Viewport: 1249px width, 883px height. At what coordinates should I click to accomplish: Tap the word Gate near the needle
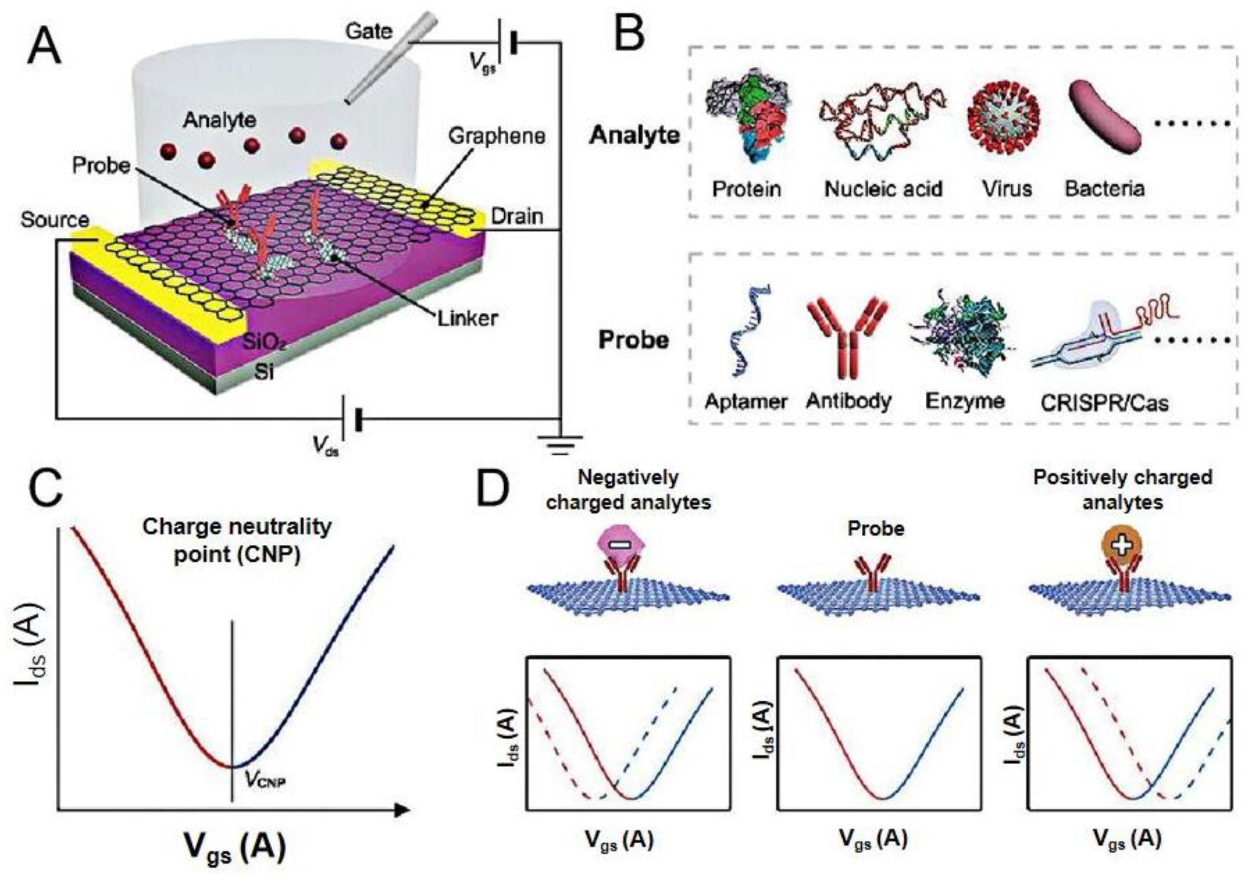point(369,31)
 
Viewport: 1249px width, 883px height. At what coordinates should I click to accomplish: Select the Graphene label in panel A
point(496,136)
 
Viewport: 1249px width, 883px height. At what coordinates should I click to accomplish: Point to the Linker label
point(468,317)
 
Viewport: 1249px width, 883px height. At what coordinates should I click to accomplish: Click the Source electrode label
point(54,220)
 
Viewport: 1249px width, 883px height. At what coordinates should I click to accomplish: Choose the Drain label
point(517,216)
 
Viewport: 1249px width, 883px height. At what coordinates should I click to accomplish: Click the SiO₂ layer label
point(265,343)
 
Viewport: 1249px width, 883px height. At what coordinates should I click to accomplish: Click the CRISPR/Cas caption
point(1104,403)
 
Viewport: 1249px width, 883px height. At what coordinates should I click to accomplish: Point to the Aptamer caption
point(746,402)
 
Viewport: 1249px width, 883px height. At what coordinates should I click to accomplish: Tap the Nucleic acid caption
point(883,189)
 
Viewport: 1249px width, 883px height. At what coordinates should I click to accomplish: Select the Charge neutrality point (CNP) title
point(237,541)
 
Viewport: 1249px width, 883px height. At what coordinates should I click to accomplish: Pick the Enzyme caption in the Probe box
point(964,401)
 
